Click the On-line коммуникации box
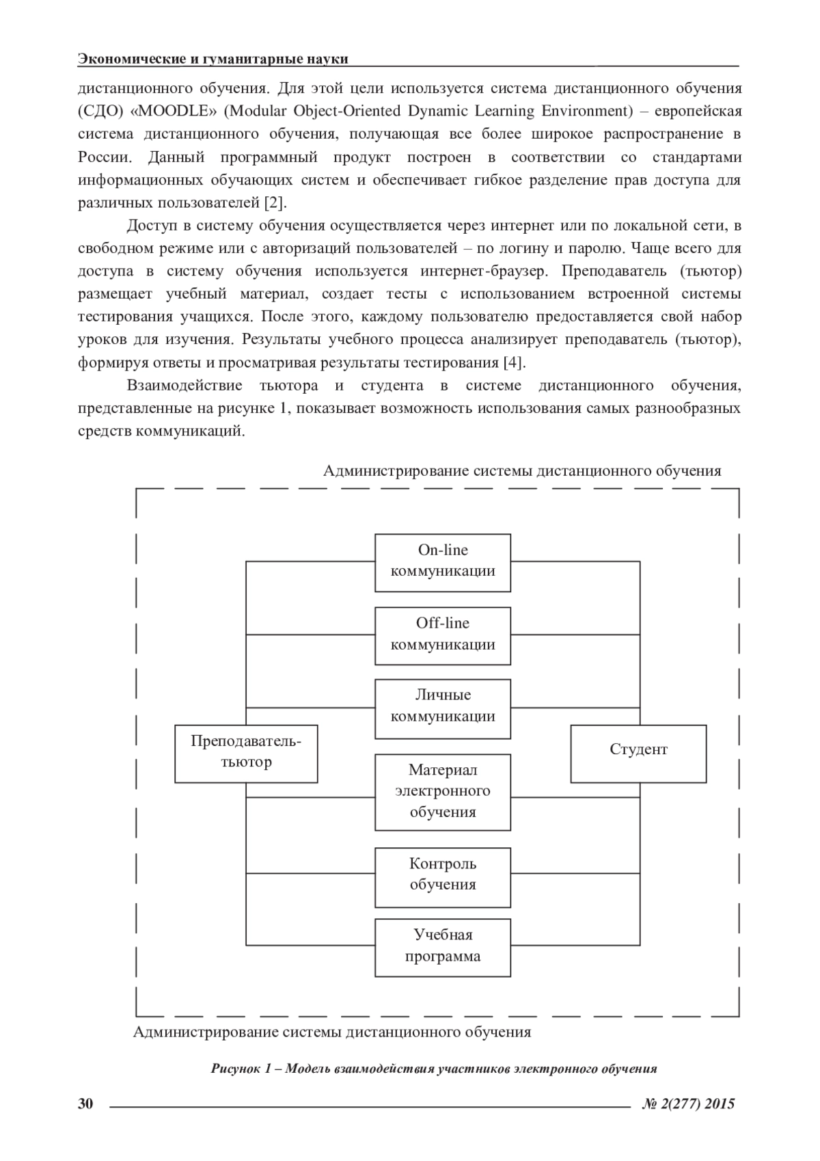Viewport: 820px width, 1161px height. click(443, 562)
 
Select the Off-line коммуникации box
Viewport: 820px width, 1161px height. click(443, 635)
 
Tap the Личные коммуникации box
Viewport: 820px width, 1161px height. click(443, 708)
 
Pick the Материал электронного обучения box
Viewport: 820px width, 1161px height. click(443, 792)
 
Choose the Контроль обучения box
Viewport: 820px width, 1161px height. click(443, 877)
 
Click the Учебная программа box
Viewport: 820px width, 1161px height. click(443, 947)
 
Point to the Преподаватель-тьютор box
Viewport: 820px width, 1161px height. click(246, 753)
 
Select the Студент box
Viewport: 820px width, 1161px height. click(638, 753)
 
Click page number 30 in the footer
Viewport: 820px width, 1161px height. click(85, 1104)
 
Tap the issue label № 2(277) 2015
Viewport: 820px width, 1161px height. click(688, 1104)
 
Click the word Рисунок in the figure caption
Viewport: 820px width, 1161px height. click(234, 1069)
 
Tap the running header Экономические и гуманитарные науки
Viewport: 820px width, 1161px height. click(213, 59)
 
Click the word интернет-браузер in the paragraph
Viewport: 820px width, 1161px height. click(483, 271)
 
